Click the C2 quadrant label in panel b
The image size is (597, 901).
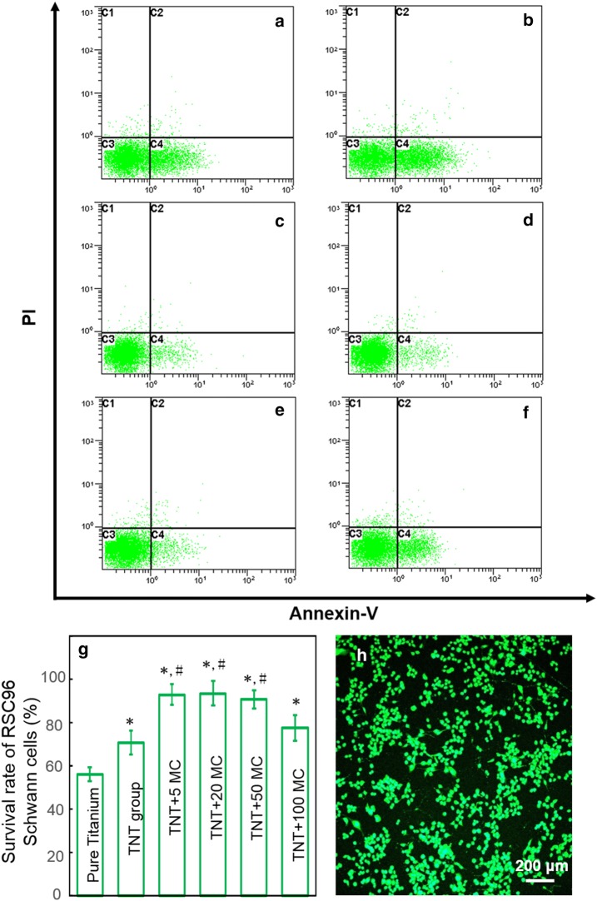click(403, 12)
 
